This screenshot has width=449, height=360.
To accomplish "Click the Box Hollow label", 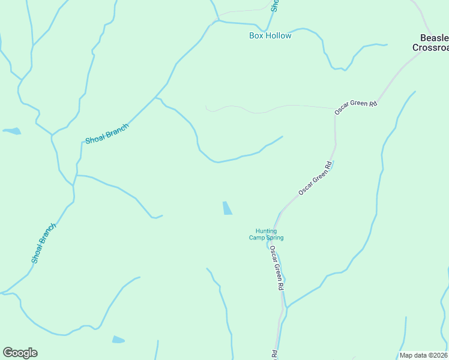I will point(270,36).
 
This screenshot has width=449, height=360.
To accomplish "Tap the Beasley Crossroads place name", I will point(430,43).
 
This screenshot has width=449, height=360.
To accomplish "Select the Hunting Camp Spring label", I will point(266,234).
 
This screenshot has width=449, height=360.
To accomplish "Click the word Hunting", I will point(266,231).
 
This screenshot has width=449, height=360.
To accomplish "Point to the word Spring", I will point(275,238).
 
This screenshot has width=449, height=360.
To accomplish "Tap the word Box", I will point(256,36).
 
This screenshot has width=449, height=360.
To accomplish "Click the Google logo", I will point(20,353).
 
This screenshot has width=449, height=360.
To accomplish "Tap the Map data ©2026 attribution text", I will point(424,355).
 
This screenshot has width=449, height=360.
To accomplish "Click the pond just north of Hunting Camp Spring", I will point(228,208).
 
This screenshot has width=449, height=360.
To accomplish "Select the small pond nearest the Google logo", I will point(118,340).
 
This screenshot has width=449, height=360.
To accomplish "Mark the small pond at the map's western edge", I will point(12,131).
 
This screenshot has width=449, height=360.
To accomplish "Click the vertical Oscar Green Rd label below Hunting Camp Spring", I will point(276,268).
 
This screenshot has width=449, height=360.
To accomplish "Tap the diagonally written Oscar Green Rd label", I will point(315,178).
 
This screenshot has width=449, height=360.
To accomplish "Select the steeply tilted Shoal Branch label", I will point(44,243).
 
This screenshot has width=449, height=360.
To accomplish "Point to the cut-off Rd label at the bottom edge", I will point(274,355).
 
